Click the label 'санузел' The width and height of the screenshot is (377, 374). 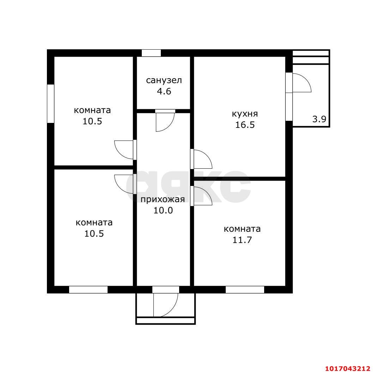tap(164, 80)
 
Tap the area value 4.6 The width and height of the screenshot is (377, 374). tap(164, 92)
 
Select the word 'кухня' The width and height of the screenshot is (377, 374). tap(245, 114)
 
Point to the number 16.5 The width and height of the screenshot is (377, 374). tap(245, 125)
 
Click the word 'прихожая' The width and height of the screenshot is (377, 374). tap(163, 199)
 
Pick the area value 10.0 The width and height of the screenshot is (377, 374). tap(163, 211)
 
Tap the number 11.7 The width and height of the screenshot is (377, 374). tap(242, 240)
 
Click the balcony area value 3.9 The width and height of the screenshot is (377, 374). tap(319, 119)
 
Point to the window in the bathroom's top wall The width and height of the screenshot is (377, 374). tap(151, 53)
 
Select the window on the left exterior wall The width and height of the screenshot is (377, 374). tap(50, 104)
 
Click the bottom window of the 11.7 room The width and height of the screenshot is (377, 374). tap(245, 290)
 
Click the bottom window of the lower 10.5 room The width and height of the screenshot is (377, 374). tap(89, 290)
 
